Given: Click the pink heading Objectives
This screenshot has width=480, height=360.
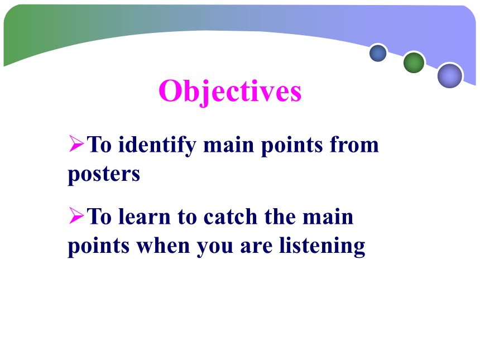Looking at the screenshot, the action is pos(230,92).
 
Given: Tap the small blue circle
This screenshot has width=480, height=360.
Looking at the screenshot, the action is pos(378,53).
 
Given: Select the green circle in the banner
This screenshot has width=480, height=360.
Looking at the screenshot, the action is pos(414,63).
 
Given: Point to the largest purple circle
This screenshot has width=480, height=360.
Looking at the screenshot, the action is pos(450,75).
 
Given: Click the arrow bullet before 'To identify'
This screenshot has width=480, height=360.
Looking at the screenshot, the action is pos(76,143).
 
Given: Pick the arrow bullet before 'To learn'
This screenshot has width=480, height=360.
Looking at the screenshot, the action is pos(76,215).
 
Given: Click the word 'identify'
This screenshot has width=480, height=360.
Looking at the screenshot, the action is pos(157,145).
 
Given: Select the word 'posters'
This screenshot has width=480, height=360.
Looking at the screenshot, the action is pos(104,175).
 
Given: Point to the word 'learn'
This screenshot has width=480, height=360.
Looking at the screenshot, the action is pos(144,216).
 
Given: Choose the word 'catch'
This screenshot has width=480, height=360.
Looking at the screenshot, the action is pos(230,216).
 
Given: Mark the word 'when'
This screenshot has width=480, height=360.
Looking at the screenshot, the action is pos(163,245).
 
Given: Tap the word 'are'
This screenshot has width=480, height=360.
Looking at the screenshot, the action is pos(256,247).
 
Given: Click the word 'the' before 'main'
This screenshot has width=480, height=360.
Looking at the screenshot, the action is pos(280,216).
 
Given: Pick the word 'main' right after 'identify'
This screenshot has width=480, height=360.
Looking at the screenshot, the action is pos(229,145).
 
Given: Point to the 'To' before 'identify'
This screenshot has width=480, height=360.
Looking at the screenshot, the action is pos(99,144).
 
